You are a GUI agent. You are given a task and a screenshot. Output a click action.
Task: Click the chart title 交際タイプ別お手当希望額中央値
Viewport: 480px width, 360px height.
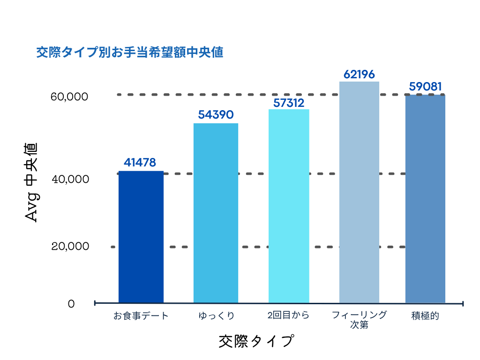pos(129,52)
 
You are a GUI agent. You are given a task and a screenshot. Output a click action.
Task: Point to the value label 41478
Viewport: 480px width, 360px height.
pos(140,163)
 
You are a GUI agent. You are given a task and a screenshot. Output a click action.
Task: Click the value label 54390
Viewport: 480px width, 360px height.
pos(216,115)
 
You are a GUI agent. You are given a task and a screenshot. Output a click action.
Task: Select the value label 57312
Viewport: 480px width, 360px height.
pos(289,103)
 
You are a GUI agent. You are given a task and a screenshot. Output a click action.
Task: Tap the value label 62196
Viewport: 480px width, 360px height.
pos(359,74)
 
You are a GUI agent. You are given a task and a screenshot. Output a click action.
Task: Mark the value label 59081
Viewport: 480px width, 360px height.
pos(425,87)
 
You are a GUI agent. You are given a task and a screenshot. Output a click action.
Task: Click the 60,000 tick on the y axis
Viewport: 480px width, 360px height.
pos(69,97)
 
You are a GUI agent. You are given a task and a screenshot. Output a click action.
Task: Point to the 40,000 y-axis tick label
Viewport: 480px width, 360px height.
pos(69,180)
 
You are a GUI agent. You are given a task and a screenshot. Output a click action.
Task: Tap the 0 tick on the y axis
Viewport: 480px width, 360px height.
pos(71,304)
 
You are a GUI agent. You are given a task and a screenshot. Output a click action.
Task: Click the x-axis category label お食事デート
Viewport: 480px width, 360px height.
pos(141,315)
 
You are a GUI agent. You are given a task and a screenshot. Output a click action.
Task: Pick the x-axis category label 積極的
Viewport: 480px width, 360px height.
pos(425,315)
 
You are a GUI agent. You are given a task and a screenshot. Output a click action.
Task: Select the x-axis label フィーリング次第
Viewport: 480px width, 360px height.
pos(359,320)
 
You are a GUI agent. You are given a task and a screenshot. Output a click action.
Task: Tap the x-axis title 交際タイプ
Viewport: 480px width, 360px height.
pos(256,341)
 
